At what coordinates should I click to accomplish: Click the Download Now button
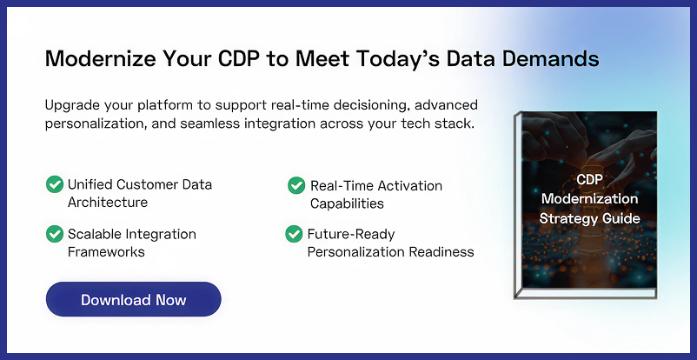(133, 299)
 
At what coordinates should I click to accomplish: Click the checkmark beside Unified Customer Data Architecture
(55, 184)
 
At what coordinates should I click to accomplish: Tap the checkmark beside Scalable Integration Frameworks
(55, 234)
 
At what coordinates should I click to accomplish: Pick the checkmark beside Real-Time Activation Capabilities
(296, 185)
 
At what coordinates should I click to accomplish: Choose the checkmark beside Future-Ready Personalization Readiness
(294, 234)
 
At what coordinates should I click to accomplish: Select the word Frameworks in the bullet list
(106, 252)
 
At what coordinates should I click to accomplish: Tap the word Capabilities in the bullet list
(347, 203)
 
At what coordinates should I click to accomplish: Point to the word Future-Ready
(351, 234)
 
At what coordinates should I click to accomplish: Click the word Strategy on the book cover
(562, 218)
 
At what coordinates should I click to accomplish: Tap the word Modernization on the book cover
(589, 198)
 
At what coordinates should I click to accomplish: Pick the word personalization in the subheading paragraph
(96, 123)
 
